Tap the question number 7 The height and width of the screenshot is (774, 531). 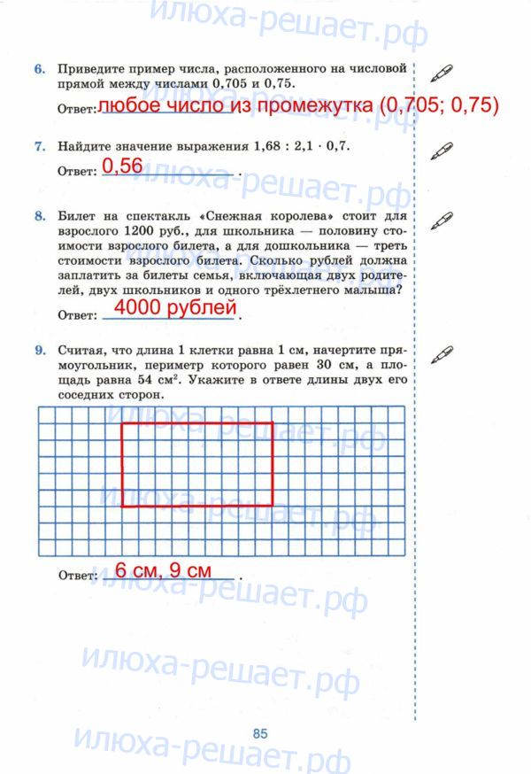[40, 147]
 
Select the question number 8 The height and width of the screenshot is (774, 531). [40, 215]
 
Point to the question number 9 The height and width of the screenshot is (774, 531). [40, 351]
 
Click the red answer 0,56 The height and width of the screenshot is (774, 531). [122, 166]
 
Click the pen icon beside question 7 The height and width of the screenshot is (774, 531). [440, 151]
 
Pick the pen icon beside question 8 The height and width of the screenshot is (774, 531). [440, 219]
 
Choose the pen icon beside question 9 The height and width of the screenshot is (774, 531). [440, 354]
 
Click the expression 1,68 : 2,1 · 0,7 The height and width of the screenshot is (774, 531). [302, 147]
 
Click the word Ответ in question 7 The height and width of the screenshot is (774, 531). [76, 171]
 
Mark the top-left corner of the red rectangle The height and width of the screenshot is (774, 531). [121, 423]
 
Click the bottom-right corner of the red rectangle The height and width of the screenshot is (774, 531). [273, 507]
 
